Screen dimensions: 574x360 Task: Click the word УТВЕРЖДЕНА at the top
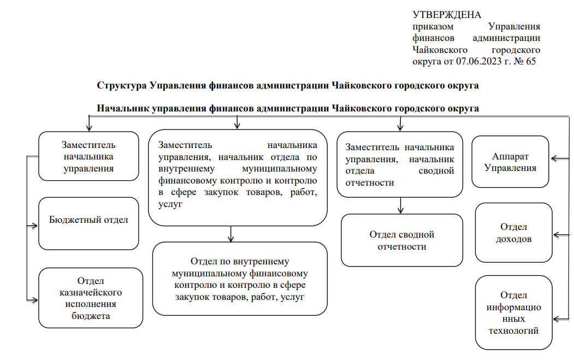click(447, 15)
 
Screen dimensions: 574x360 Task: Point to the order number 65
click(531, 61)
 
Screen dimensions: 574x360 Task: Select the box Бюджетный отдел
click(88, 223)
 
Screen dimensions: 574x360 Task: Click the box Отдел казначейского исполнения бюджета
click(91, 298)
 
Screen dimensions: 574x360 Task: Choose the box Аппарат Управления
click(510, 162)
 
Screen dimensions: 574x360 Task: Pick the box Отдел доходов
click(513, 233)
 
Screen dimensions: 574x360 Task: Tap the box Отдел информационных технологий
click(513, 312)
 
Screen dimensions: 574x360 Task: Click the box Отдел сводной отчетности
click(402, 240)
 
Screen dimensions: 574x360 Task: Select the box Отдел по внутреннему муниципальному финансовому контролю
click(240, 279)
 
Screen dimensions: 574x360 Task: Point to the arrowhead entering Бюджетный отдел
click(35, 226)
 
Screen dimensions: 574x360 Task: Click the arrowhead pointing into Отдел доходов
click(557, 235)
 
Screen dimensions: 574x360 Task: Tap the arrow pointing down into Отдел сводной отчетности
click(400, 205)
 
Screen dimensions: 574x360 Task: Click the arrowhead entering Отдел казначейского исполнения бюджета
click(35, 300)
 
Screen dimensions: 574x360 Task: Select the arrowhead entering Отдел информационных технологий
click(557, 320)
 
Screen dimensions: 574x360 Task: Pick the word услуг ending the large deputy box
click(170, 204)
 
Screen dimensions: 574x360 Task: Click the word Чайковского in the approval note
click(440, 50)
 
